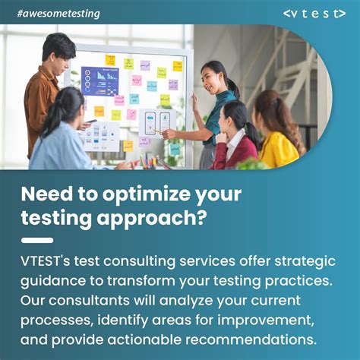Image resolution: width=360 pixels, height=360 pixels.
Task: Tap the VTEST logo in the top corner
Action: click(x=314, y=13)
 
